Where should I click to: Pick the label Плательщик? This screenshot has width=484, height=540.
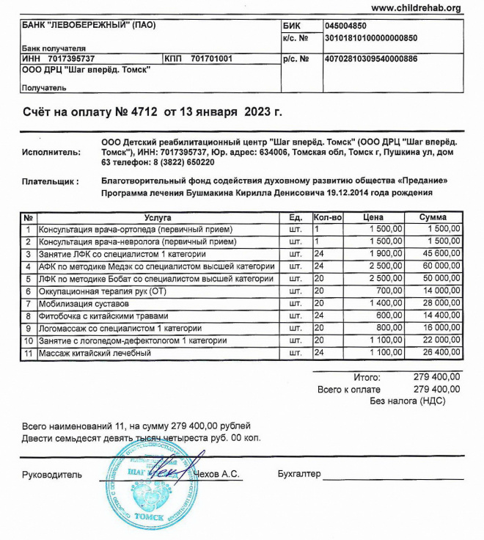(x=51, y=180)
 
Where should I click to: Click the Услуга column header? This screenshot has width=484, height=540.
(x=158, y=218)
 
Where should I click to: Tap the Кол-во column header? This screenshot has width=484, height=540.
(x=328, y=218)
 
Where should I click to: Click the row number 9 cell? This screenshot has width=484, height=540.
(x=28, y=329)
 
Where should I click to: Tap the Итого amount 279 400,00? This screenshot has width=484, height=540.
(x=437, y=377)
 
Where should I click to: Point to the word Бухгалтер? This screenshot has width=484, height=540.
(x=299, y=475)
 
